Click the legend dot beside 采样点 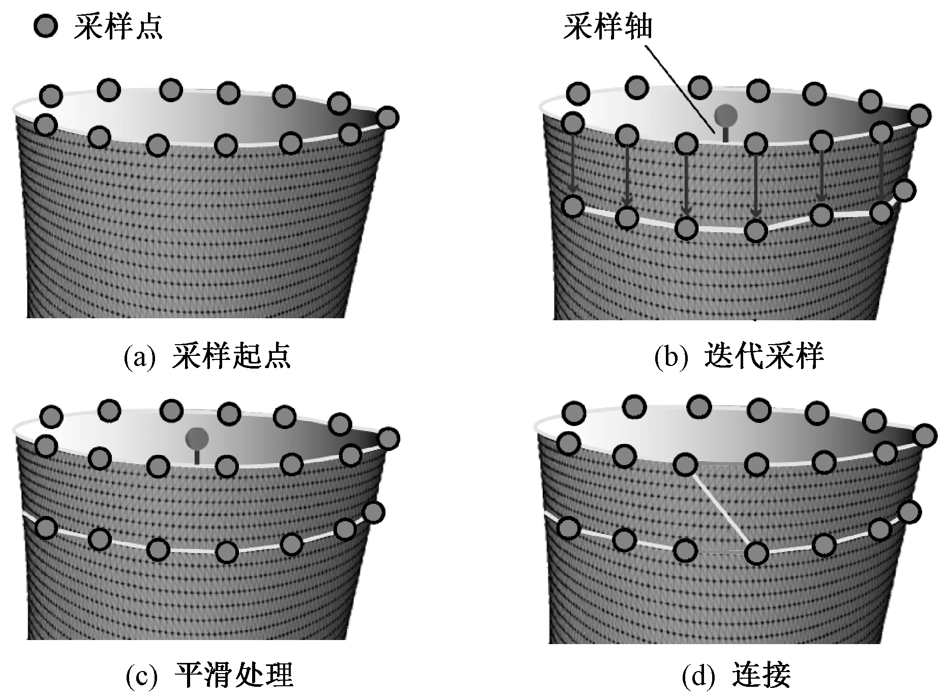pos(45,27)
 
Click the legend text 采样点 pos(118,26)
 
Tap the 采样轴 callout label pos(607,26)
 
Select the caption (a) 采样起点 pos(207,356)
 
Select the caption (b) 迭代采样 pos(739,356)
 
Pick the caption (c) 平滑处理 pos(209,675)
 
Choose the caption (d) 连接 pos(737,675)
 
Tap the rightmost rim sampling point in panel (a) pos(388,118)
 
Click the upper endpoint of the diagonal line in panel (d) pos(685,464)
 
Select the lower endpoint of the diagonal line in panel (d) pos(756,553)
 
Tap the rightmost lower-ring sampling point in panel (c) pos(374,512)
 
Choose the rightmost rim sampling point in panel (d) pos(925,435)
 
